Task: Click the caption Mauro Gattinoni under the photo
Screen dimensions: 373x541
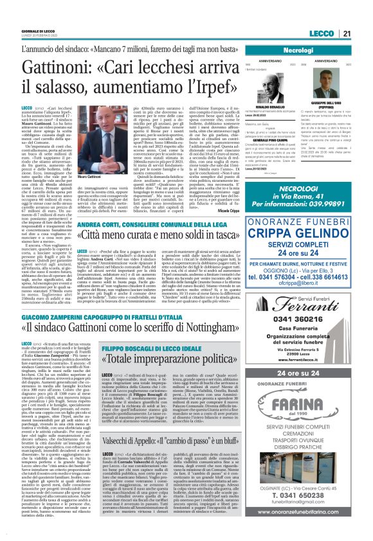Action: (x=90, y=175)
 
